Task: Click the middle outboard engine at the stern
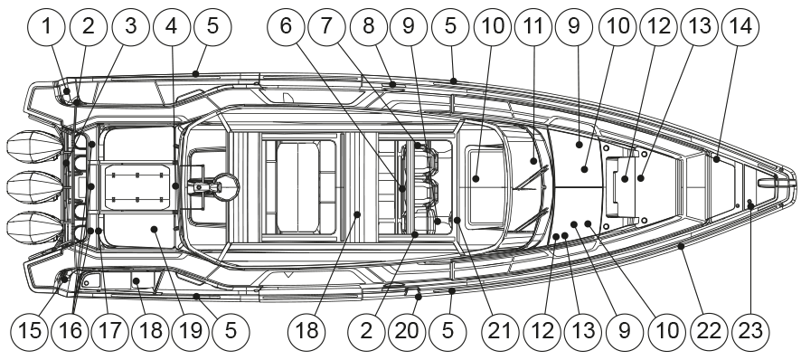click(34, 187)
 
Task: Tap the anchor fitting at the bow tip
click(776, 183)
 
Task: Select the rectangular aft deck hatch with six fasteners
click(137, 186)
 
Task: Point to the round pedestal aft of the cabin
click(226, 186)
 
